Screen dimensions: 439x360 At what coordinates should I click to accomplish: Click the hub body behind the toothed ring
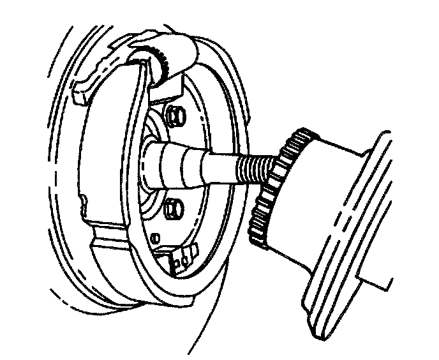click(319, 191)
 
